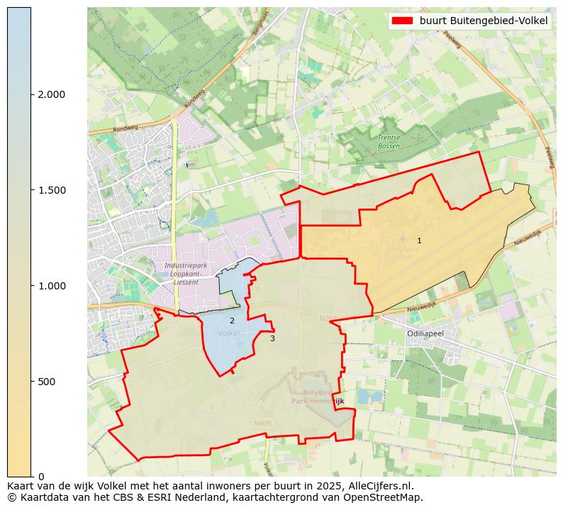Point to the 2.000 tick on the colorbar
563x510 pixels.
click(51, 94)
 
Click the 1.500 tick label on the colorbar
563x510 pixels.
click(51, 190)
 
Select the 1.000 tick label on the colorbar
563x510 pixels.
click(51, 286)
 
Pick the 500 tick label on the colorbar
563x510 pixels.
click(46, 382)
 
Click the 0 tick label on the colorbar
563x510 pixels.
click(41, 476)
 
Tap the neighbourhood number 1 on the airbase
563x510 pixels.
click(419, 241)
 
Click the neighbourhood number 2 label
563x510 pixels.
click(232, 321)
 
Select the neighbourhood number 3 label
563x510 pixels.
click(272, 338)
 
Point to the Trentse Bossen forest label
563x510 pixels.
click(389, 142)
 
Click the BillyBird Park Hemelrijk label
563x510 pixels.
click(318, 397)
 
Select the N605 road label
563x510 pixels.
click(262, 423)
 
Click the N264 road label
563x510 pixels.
click(328, 318)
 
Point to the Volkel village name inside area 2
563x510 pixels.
click(229, 333)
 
